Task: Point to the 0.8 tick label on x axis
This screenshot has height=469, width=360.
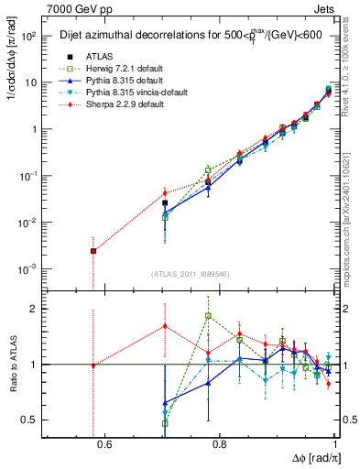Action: click(219, 445)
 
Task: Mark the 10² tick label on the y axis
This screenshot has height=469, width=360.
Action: click(30, 36)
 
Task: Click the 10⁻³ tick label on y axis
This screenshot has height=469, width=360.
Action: click(30, 268)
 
